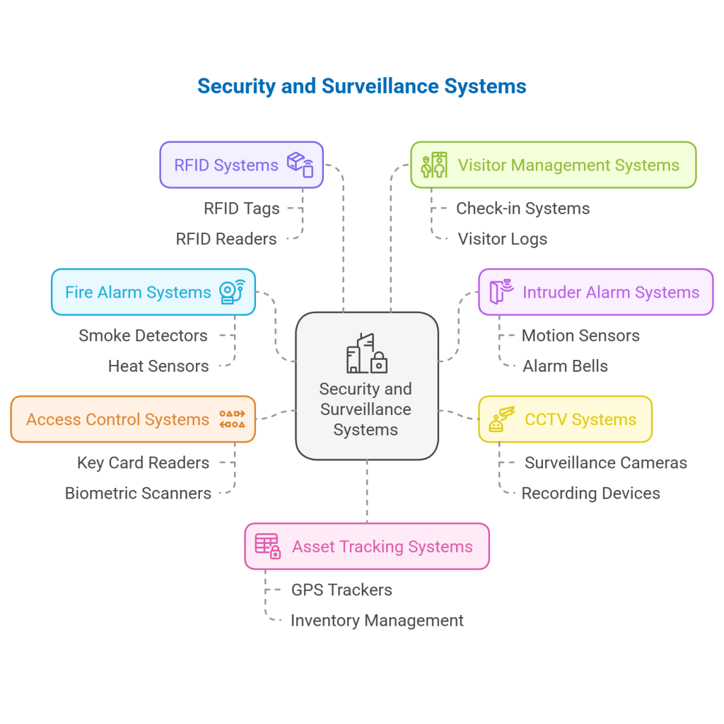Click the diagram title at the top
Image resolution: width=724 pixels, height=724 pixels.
point(361,86)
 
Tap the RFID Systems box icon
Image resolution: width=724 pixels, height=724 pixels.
point(300,165)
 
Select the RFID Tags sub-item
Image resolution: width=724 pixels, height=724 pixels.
point(242,209)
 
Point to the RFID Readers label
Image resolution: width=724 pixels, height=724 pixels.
point(226,239)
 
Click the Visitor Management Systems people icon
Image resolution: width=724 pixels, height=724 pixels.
point(434,165)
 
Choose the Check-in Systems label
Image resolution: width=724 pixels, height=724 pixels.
point(522,209)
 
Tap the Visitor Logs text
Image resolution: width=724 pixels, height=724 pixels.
point(502,239)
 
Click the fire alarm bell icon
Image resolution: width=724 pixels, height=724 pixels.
point(232,292)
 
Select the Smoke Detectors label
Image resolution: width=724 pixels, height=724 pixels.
point(143,336)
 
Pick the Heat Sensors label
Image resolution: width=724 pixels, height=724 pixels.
point(158,366)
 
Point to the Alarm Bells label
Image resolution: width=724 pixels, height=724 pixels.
point(565,366)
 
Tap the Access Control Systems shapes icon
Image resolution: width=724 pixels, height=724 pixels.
point(232,419)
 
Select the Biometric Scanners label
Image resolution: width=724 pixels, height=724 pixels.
point(138,494)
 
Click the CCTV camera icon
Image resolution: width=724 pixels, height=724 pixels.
point(502,419)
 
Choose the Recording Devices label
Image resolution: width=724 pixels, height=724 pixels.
point(590,494)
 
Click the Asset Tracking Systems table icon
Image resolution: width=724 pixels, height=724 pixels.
point(268,547)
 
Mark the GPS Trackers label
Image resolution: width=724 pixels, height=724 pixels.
point(341,590)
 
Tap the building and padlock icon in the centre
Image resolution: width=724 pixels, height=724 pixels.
point(366,354)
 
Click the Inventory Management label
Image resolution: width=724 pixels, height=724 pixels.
point(377,621)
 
